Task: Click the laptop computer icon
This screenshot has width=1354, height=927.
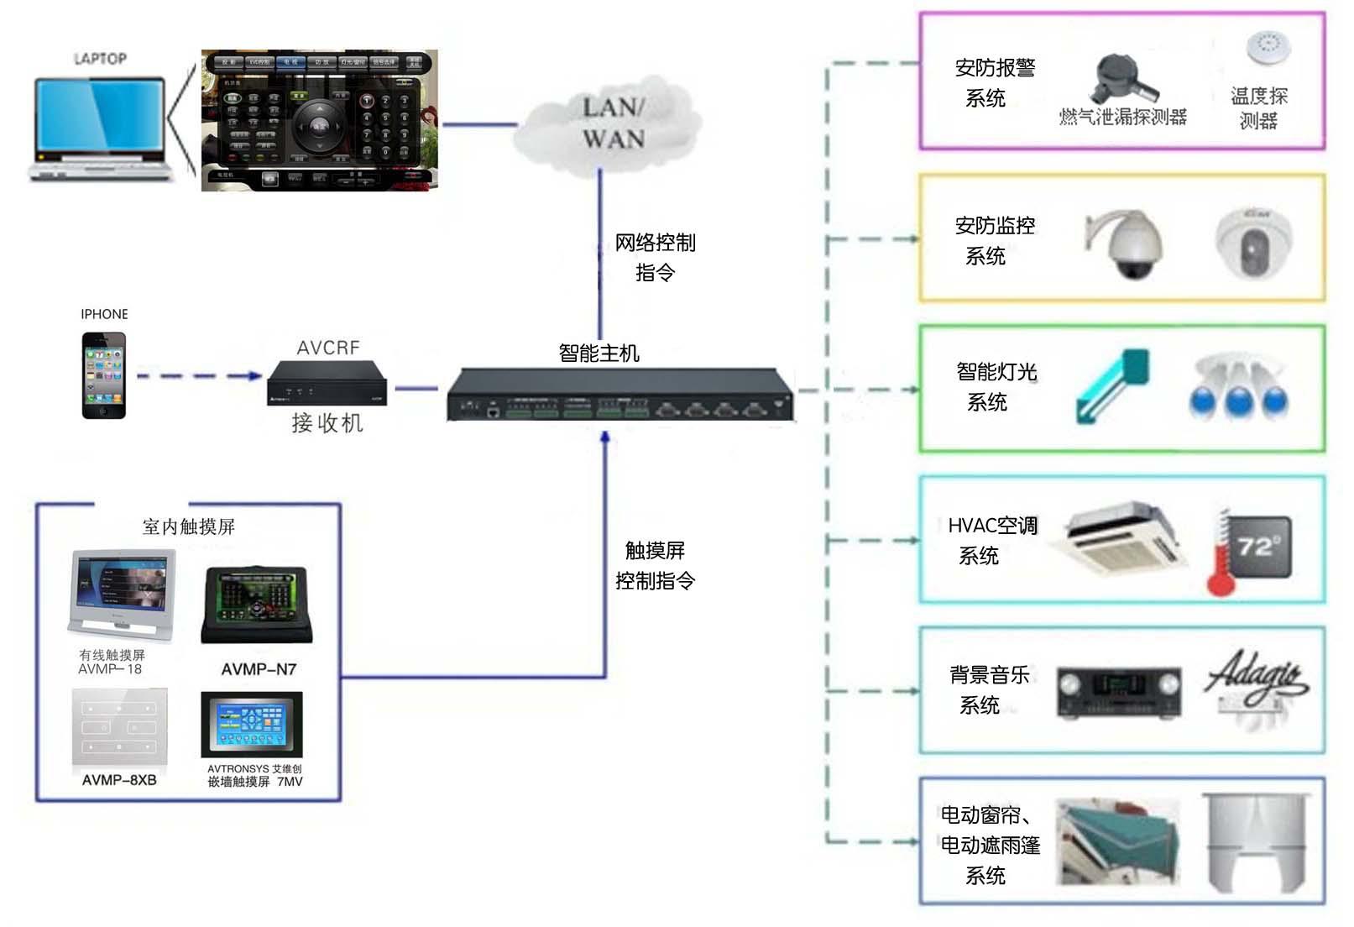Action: click(99, 126)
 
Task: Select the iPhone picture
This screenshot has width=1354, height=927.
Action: click(104, 375)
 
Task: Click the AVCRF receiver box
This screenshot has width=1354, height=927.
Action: click(327, 384)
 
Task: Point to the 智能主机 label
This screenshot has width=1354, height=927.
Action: click(599, 353)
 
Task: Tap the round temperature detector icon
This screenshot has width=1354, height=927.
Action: click(1268, 47)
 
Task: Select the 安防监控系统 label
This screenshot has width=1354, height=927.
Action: click(994, 240)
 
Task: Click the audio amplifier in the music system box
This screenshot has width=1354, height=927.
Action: click(1118, 692)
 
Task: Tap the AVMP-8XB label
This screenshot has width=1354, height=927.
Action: click(119, 780)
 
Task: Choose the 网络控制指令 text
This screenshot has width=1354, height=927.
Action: click(655, 257)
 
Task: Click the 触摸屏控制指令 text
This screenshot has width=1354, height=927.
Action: click(655, 565)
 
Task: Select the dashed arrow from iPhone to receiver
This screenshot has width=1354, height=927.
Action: click(199, 376)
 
